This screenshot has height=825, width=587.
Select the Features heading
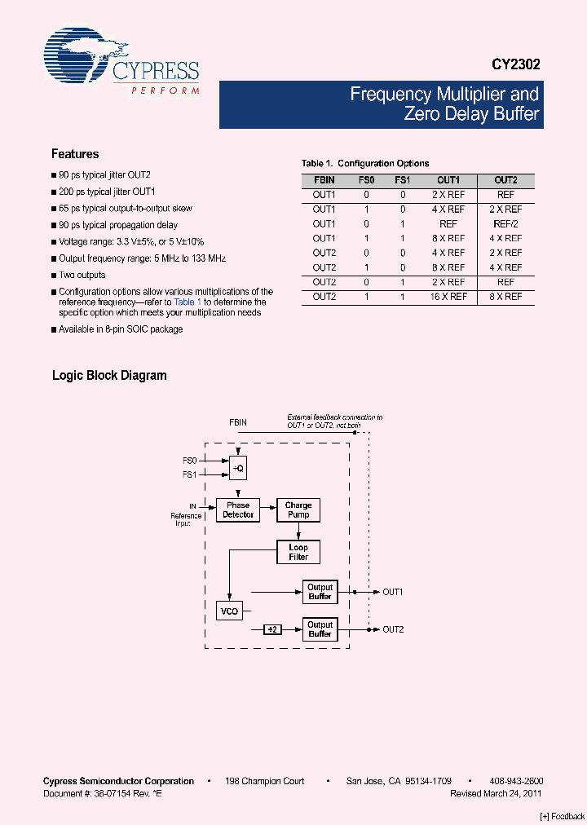(x=75, y=154)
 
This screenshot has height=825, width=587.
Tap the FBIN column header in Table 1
(x=324, y=180)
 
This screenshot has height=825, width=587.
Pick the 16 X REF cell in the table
(x=448, y=297)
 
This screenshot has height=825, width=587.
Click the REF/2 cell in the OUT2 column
(x=505, y=223)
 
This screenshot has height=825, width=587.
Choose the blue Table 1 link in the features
(x=188, y=302)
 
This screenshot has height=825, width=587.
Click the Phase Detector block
(x=238, y=510)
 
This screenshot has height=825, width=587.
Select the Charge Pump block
(x=298, y=510)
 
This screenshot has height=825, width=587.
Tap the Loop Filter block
(x=298, y=552)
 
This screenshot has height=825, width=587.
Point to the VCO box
(x=230, y=611)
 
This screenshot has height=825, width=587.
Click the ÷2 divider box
(x=272, y=629)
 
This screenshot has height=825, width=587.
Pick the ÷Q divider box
(x=238, y=468)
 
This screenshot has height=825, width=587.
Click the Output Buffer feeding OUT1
(x=320, y=592)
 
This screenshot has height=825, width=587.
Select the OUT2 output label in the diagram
(x=393, y=629)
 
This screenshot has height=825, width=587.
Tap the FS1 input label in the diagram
(x=189, y=474)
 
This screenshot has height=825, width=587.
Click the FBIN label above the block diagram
(x=238, y=423)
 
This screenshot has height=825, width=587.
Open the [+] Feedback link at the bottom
(x=563, y=816)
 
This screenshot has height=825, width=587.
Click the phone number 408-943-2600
(x=516, y=781)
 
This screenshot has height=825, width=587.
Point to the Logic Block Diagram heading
(x=109, y=376)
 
